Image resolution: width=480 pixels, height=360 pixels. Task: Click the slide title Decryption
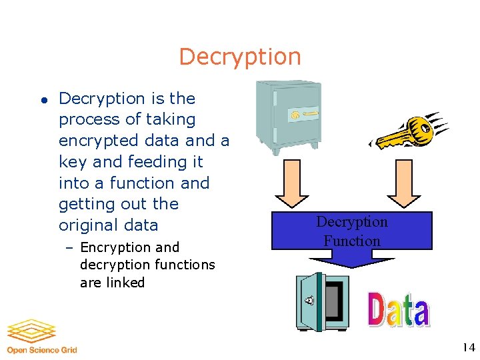240,57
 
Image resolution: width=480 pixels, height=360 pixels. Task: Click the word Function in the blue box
352,241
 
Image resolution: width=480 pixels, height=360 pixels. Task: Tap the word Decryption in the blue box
352,221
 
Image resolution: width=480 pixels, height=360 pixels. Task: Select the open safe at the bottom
321,301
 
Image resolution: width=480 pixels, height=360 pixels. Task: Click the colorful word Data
399,309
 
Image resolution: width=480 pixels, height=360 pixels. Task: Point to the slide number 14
468,347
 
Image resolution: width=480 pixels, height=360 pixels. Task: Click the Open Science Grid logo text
42,350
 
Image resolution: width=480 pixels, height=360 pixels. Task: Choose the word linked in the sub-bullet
126,282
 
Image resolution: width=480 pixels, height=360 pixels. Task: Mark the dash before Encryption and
70,248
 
